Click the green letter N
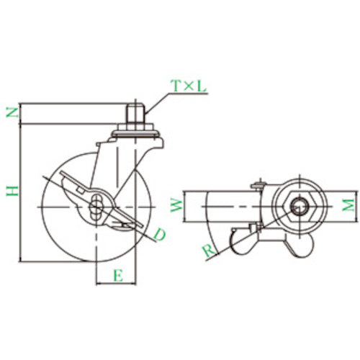pos(11,112)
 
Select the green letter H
pos(11,190)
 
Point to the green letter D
pos(160,234)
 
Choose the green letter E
pos(116,274)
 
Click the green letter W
pos(175,207)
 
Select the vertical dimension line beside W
pos(184,207)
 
